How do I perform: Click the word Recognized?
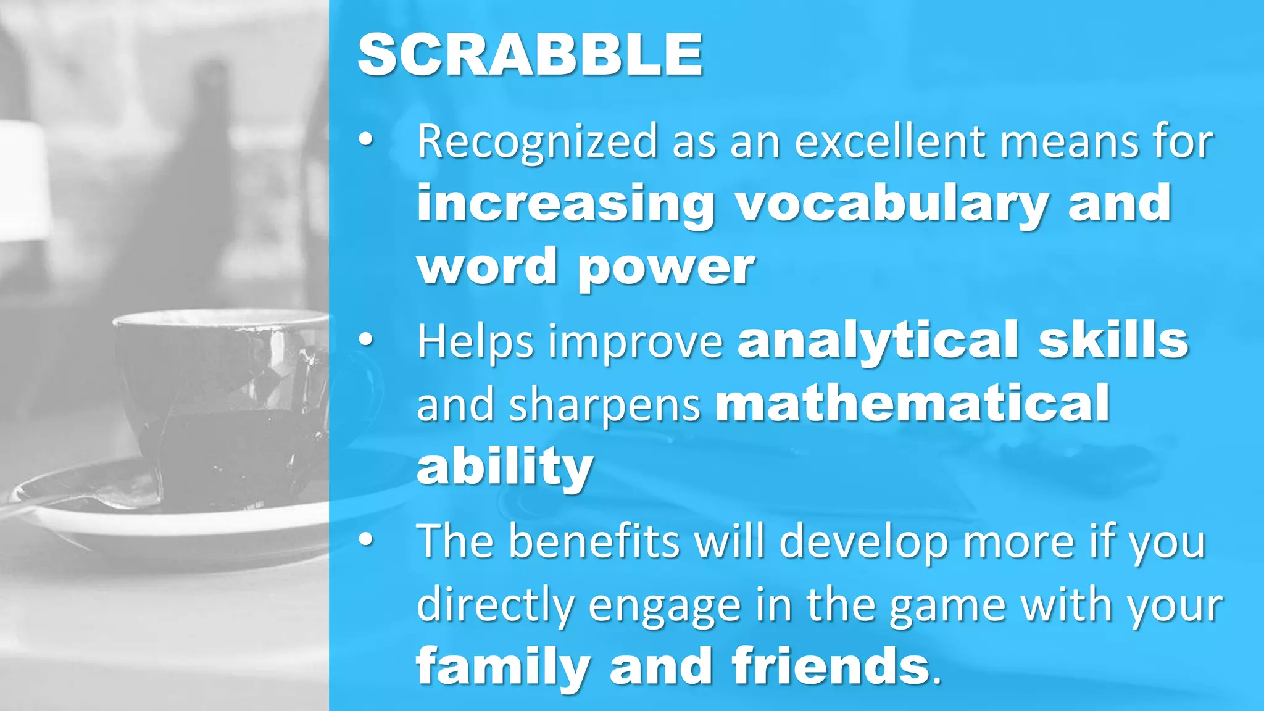point(537,142)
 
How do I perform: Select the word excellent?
point(891,142)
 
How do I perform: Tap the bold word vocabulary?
point(891,204)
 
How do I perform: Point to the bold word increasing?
point(565,204)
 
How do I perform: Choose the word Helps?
point(475,341)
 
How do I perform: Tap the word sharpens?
point(605,404)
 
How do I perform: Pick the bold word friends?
point(831,667)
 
